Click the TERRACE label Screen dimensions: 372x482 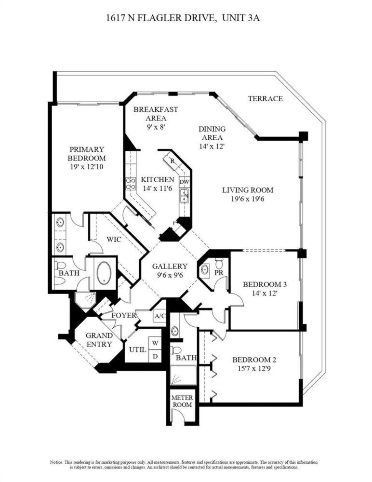[266, 99]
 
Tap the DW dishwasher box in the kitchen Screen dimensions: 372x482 [185, 182]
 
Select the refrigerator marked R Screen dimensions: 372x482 [173, 161]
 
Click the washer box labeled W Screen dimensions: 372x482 [155, 343]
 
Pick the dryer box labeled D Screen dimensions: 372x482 [155, 356]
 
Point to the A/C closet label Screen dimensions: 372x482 [160, 316]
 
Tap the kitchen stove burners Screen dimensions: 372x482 [131, 184]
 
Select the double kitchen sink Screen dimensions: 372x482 [184, 196]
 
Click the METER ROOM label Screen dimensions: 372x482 [182, 401]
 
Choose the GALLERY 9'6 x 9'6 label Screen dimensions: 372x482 [170, 270]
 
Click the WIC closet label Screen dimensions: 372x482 [114, 239]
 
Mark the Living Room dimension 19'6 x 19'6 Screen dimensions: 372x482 [248, 199]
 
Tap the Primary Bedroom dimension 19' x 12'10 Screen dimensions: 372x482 [87, 167]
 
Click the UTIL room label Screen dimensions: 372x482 [137, 349]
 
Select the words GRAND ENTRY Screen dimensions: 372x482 [99, 340]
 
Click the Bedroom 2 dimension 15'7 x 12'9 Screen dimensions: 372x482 [254, 368]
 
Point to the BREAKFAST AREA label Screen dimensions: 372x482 [156, 113]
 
